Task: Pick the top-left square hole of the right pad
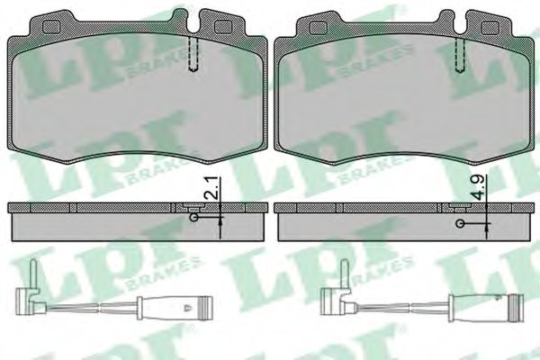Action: click(317, 27)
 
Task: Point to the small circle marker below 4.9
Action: click(460, 221)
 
